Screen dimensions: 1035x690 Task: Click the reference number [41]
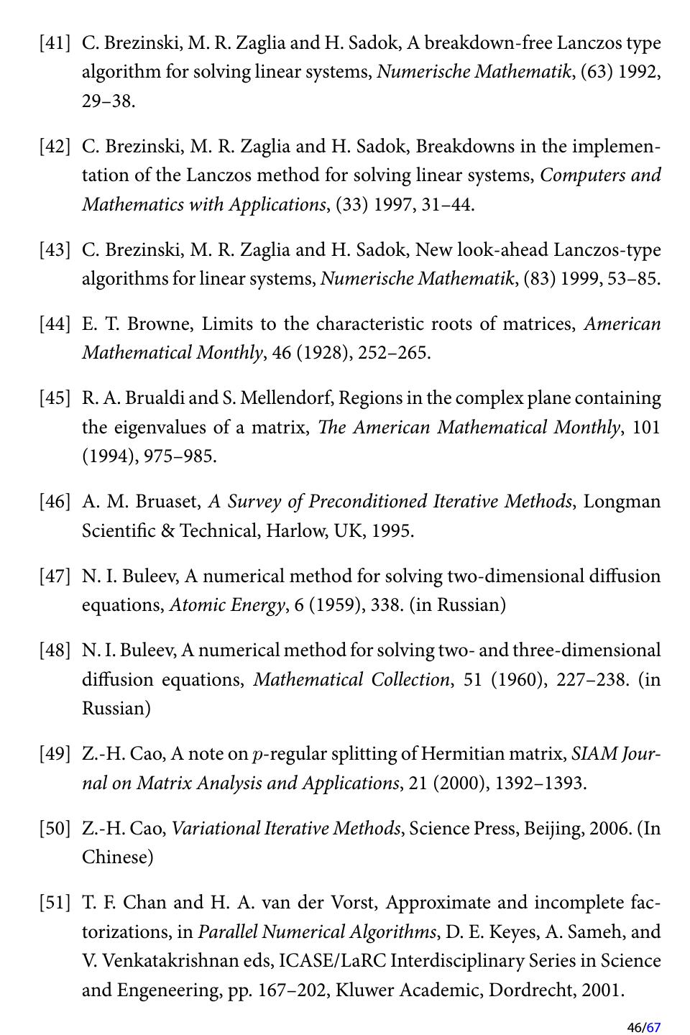click(55, 43)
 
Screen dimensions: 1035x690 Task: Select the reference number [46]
click(55, 502)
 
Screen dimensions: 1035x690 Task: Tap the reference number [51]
click(55, 903)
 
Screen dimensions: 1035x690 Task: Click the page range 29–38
click(108, 101)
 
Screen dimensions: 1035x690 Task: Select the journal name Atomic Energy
click(226, 605)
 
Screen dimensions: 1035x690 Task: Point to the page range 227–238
click(590, 680)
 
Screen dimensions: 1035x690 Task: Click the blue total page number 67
click(653, 1027)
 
